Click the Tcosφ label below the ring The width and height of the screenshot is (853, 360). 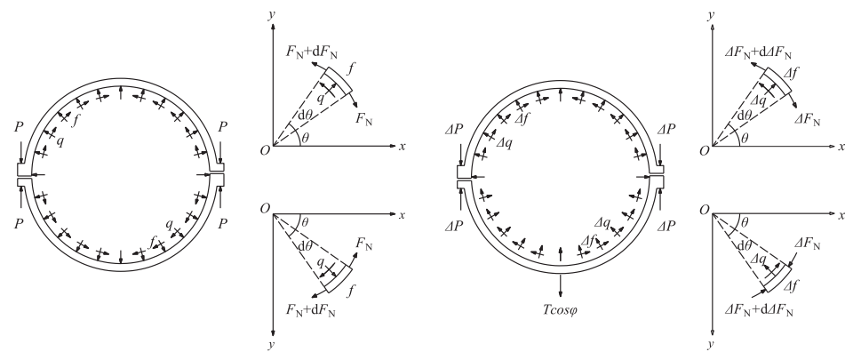561,310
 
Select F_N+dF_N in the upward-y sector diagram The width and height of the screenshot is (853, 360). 312,52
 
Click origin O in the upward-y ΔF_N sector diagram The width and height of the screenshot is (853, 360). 704,150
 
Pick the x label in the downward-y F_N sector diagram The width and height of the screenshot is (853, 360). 402,215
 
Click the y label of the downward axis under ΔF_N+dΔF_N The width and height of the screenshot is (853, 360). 711,344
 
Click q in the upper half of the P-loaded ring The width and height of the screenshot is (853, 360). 60,142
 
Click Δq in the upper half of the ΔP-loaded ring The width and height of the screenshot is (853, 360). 505,142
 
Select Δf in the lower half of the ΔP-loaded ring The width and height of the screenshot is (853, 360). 587,240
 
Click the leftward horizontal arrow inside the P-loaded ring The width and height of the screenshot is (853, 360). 37,174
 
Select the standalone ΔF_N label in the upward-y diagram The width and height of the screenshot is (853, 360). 808,120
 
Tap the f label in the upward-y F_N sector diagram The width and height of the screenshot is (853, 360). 352,68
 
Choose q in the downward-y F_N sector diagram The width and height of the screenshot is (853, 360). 320,261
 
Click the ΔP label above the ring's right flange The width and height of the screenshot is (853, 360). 666,130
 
